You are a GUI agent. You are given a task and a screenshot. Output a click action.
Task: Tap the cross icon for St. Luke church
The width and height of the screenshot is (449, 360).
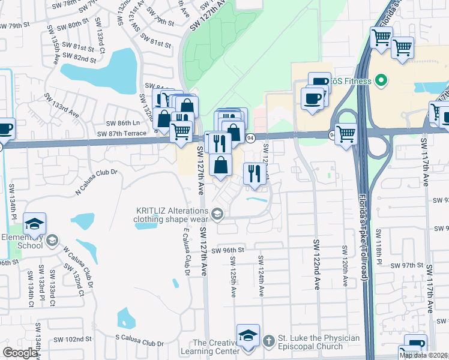point(268,340)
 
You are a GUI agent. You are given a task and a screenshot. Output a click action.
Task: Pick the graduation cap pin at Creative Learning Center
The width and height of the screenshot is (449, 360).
point(248,337)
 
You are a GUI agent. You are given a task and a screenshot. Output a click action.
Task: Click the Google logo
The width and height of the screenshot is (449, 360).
point(20,353)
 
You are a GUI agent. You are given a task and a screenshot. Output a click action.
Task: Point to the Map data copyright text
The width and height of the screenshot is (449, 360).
point(423,355)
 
